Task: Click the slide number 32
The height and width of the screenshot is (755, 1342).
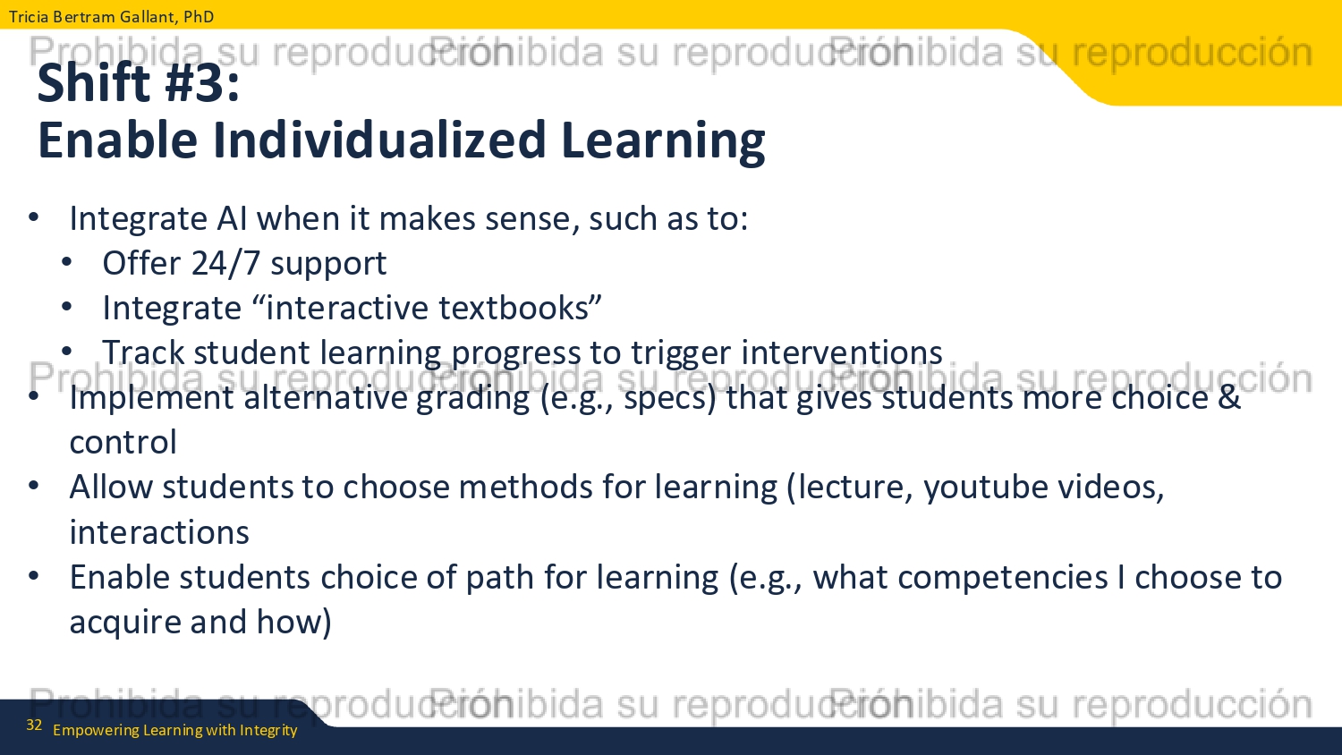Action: pos(34,725)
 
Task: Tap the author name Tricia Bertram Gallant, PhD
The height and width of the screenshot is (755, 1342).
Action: pos(112,16)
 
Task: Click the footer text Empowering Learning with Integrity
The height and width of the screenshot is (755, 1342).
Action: pos(175,730)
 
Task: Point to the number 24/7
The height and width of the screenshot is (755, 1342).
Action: pos(225,263)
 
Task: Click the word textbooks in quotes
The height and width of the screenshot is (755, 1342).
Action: pos(514,308)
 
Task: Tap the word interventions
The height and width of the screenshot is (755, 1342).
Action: pos(842,352)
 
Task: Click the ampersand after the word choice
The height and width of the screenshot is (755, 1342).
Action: pos(1228,397)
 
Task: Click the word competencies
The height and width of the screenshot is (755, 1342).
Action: pos(1002,578)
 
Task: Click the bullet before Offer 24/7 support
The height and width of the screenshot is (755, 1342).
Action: pos(66,262)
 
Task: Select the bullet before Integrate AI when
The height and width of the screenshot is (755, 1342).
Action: pos(34,216)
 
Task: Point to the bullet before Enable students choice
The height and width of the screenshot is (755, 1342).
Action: pos(34,576)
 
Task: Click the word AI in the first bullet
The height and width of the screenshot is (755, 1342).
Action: pos(232,218)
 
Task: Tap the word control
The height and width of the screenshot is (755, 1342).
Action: pos(123,442)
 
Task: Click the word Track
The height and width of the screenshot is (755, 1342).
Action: pos(143,352)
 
